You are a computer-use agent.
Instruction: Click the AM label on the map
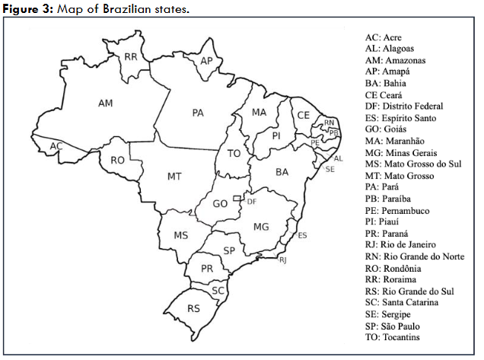106,102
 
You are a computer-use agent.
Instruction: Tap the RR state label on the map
131,56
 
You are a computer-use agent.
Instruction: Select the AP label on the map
206,60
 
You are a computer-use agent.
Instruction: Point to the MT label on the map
174,176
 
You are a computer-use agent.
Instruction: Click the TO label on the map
234,154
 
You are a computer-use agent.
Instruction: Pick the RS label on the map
194,308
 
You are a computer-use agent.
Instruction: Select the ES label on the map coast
302,236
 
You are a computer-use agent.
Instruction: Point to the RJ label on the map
283,261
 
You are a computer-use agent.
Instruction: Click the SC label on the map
218,290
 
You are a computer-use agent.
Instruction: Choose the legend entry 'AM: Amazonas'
395,60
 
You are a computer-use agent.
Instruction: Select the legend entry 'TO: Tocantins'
393,337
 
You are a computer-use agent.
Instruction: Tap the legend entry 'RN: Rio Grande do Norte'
413,256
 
